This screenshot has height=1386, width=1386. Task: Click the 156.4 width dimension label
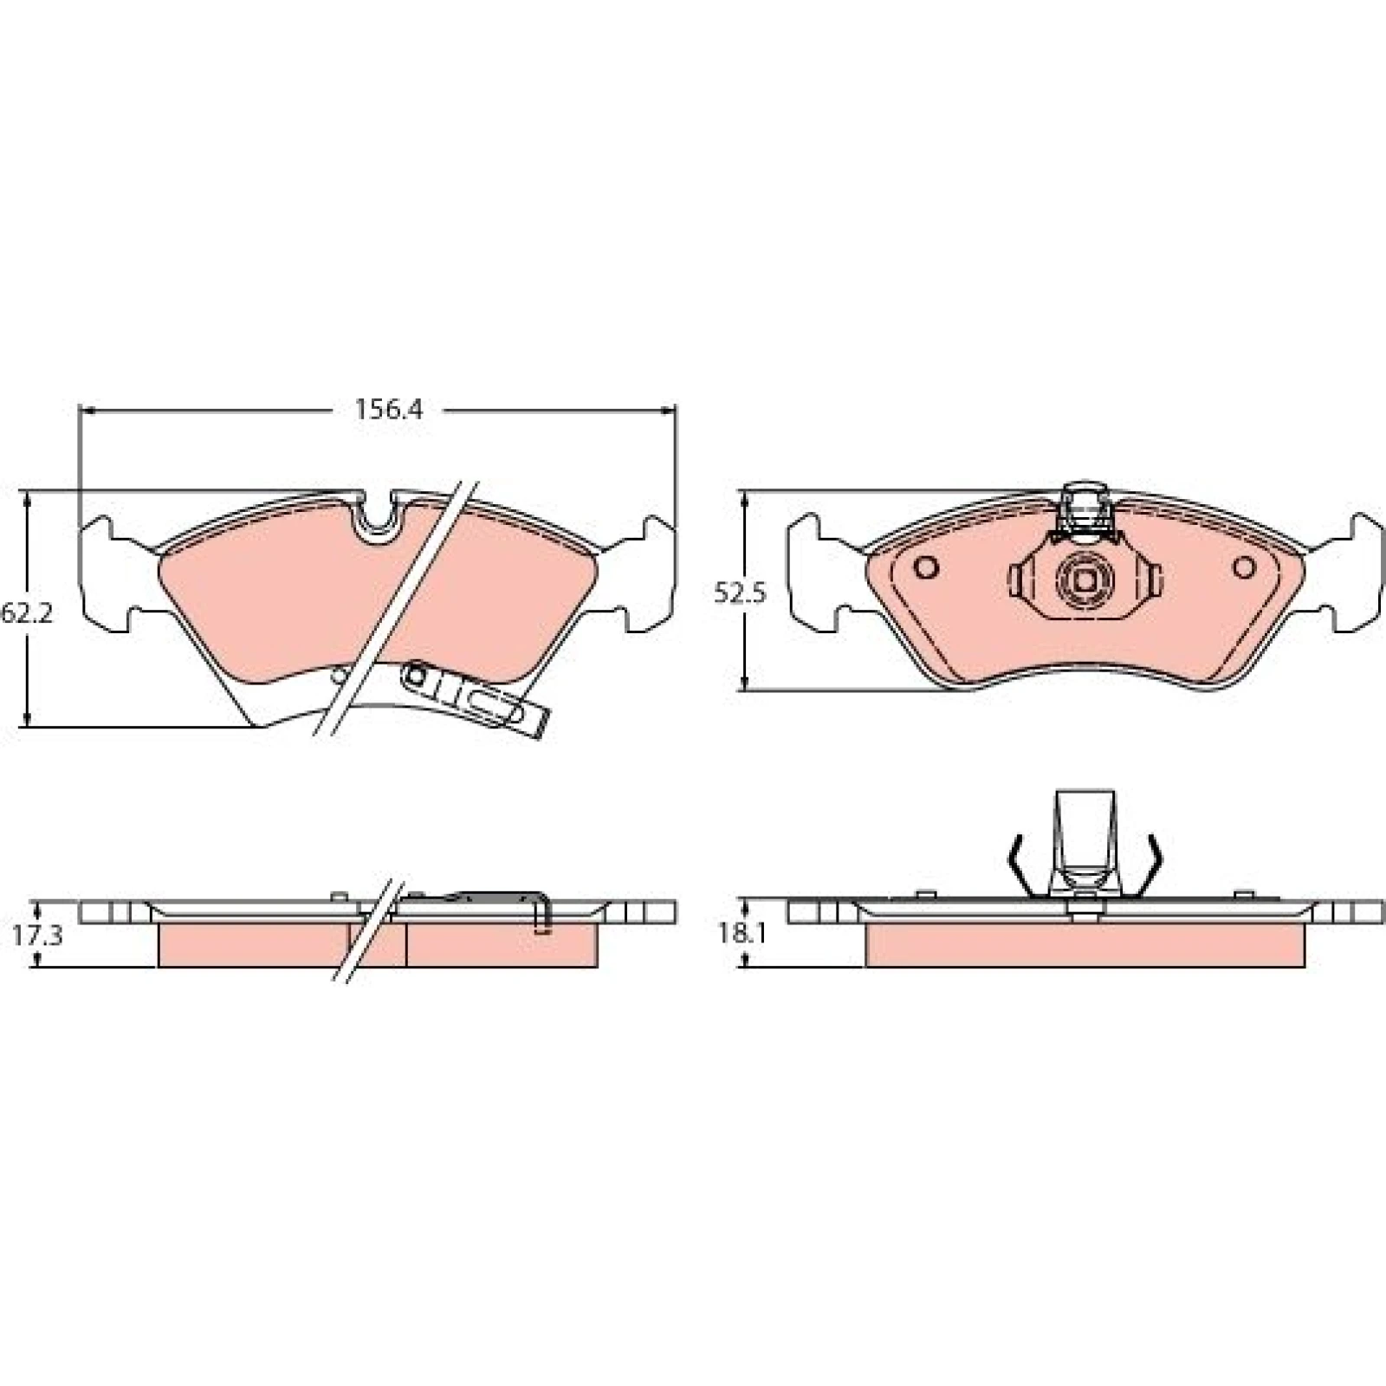click(389, 409)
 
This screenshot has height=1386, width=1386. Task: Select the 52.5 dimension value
click(741, 593)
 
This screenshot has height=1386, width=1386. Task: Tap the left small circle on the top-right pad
click(927, 567)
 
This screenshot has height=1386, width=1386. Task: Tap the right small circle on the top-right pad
click(1245, 567)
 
